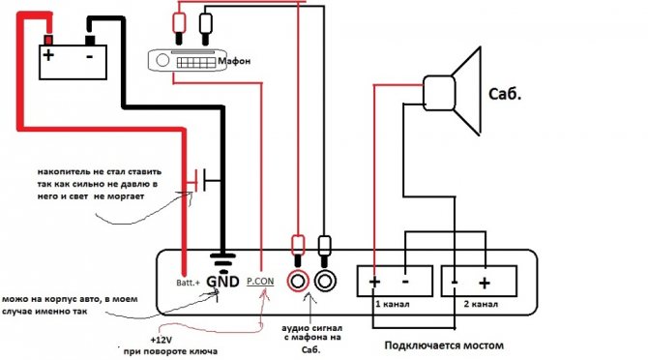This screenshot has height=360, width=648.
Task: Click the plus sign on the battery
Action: point(48,55)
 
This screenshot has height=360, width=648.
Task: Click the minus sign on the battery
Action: point(90,56)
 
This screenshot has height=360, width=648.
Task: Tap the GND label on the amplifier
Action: point(222,282)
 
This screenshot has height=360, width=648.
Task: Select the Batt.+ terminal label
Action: point(188,283)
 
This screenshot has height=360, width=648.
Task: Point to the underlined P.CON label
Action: point(260,282)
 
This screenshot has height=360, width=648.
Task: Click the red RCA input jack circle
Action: point(298,281)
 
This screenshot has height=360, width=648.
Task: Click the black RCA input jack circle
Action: point(325,281)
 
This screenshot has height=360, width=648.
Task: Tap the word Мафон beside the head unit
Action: point(234,61)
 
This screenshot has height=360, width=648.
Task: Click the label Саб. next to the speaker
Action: point(505,94)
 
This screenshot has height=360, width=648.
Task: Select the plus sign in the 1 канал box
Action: point(374,282)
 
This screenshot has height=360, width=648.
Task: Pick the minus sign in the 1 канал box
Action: point(405,282)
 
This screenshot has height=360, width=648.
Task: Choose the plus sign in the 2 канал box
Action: point(485,283)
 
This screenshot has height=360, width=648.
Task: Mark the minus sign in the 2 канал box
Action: point(455,283)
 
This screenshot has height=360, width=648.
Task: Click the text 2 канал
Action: point(481,304)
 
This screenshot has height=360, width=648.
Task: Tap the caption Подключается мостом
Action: point(444,345)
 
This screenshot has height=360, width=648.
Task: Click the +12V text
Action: point(162,340)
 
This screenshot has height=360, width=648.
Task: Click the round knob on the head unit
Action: point(162,60)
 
